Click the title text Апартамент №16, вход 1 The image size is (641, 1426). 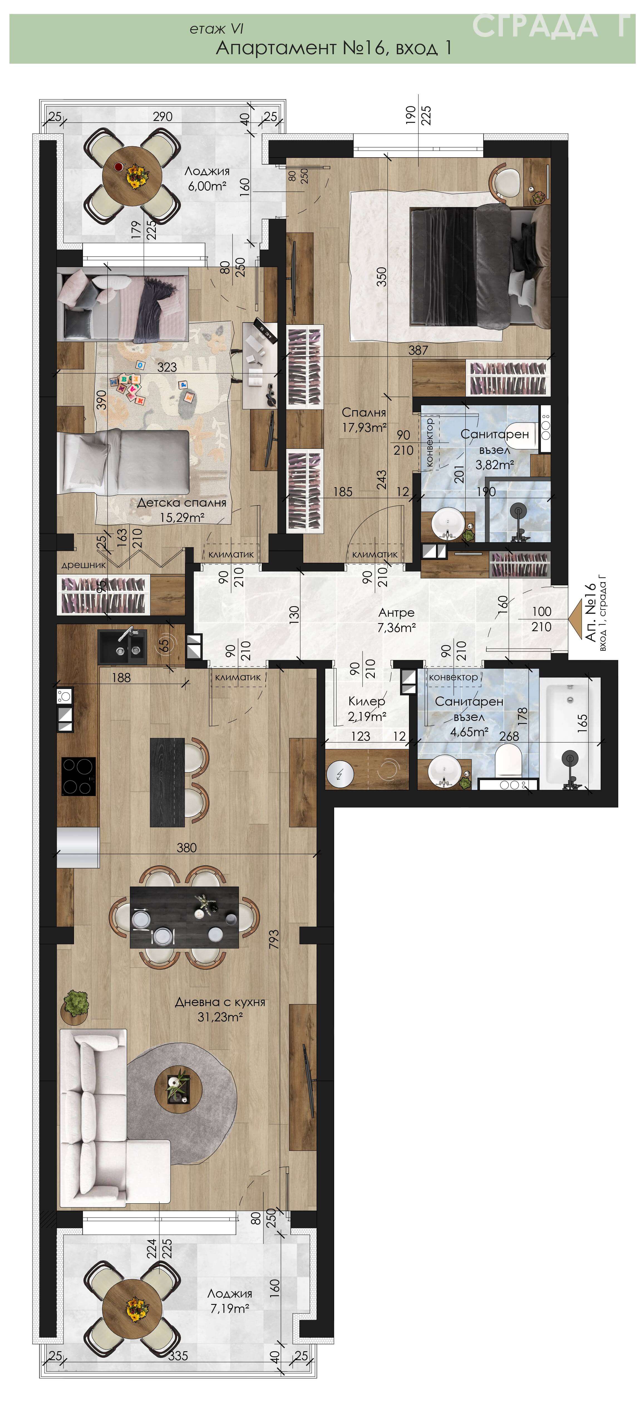tap(334, 48)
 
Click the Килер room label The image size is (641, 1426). tap(366, 701)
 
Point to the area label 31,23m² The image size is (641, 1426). tap(220, 1016)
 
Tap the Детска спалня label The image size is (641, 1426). tap(182, 503)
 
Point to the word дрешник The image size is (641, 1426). tap(83, 565)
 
